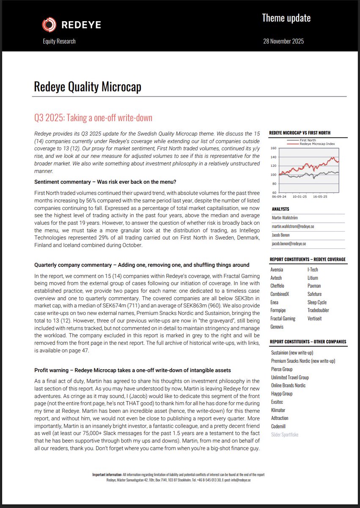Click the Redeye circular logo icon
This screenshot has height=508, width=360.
[x=49, y=25]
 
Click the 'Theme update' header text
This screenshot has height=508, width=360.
[x=286, y=18]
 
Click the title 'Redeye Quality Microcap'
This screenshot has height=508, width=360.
[x=88, y=87]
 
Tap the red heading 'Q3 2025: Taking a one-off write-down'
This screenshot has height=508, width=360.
[x=93, y=118]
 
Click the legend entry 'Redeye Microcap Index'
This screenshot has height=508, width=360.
[x=317, y=144]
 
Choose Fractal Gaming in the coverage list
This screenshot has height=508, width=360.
[x=283, y=318]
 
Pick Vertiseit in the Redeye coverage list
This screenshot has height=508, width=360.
[x=316, y=318]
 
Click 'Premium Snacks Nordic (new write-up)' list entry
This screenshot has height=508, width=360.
[x=303, y=361]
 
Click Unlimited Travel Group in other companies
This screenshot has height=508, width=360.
[x=290, y=377]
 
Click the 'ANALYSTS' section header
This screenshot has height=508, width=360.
[x=280, y=209]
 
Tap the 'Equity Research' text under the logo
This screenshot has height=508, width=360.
[x=59, y=41]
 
